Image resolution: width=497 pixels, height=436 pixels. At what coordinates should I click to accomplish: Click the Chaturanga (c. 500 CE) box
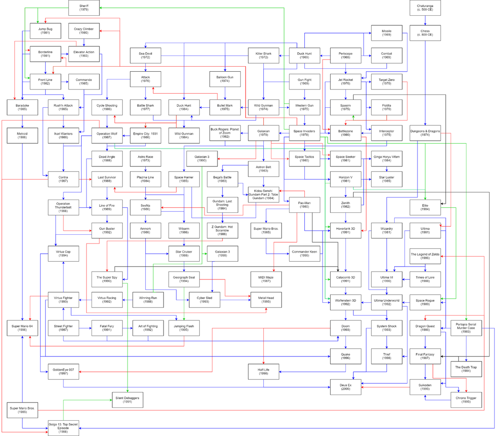[425, 8]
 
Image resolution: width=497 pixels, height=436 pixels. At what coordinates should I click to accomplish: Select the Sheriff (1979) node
[84, 8]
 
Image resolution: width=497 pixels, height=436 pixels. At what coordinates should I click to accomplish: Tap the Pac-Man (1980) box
[304, 205]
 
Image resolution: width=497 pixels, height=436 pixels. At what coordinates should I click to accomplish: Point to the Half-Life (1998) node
[263, 371]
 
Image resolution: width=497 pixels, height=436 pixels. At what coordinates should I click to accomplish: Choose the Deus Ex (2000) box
[345, 387]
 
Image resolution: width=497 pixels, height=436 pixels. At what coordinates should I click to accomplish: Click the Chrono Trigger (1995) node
[466, 400]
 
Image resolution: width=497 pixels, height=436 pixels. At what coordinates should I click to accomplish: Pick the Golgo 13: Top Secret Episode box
[63, 428]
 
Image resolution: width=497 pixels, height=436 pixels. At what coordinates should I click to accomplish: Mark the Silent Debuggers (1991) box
[127, 400]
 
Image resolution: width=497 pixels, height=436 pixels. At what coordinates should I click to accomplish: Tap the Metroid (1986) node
[22, 135]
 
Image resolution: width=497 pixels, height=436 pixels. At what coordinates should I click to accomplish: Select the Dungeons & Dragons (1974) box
[425, 133]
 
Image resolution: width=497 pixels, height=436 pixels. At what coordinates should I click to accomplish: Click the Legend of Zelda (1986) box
[425, 256]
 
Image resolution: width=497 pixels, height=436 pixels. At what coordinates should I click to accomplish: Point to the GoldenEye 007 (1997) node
[63, 371]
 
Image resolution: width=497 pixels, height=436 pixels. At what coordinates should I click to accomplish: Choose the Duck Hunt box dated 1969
[304, 55]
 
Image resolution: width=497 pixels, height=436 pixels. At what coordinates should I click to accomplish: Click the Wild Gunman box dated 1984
[184, 135]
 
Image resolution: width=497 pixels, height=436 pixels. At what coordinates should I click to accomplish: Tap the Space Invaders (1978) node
[304, 133]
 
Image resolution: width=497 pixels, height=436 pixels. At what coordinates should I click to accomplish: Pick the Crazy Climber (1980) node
[84, 31]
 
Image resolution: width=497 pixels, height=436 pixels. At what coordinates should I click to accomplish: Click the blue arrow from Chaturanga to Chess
[425, 20]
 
